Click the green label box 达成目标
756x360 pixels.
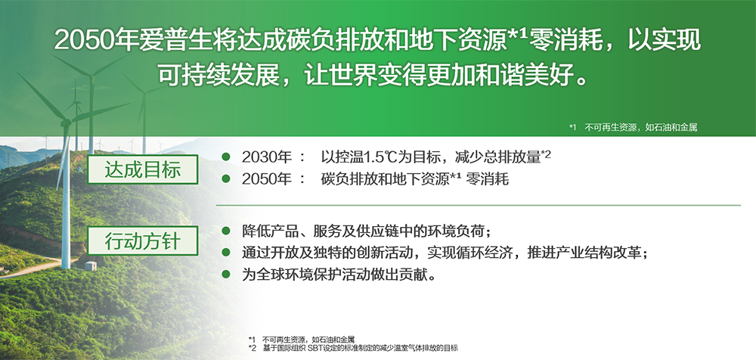pyautogui.click(x=142, y=169)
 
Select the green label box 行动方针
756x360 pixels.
pyautogui.click(x=142, y=243)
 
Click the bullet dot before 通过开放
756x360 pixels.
pyautogui.click(x=225, y=252)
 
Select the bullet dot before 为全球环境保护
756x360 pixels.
pyautogui.click(x=225, y=274)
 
